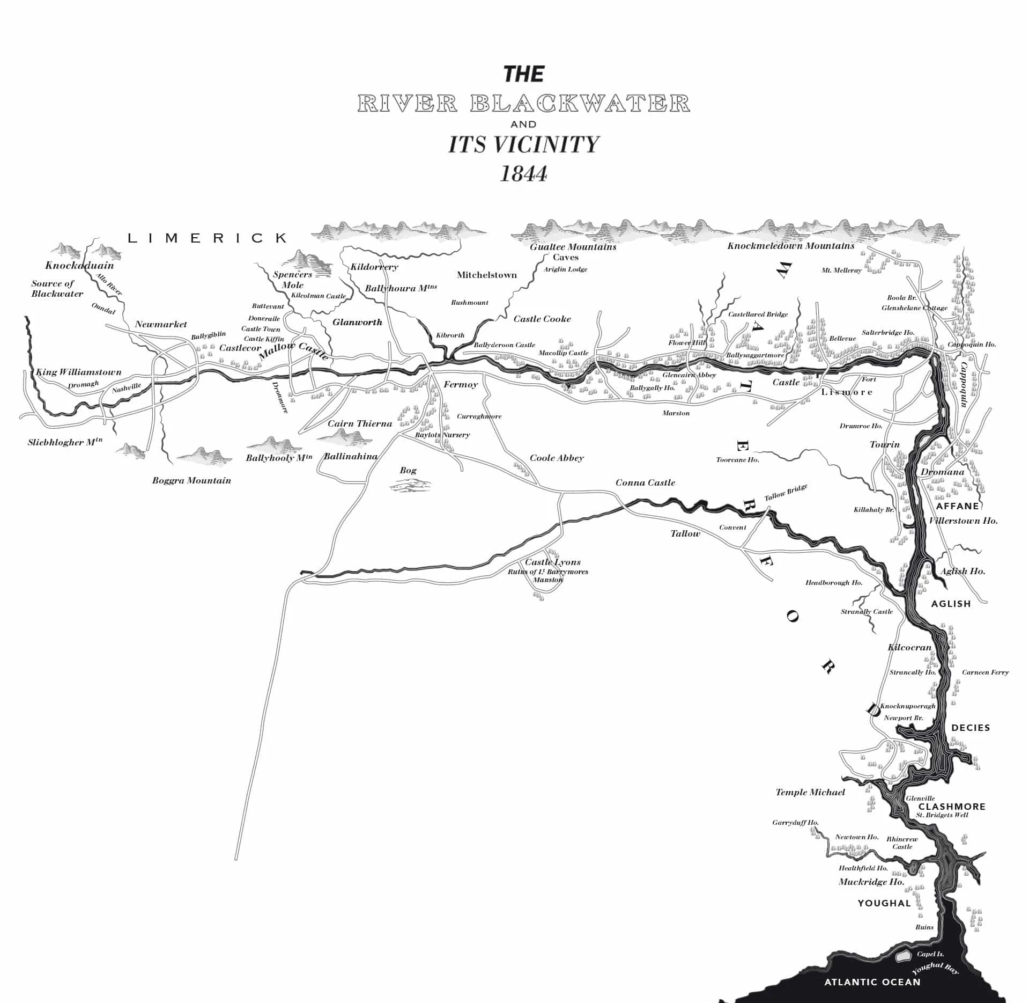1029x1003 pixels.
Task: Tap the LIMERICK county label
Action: tap(207, 238)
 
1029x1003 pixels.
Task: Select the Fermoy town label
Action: tap(460, 384)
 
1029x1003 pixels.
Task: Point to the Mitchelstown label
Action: tap(486, 275)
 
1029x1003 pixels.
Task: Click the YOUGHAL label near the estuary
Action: tap(884, 903)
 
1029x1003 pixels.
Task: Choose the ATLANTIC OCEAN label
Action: tap(872, 982)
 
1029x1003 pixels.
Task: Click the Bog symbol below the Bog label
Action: tap(410, 486)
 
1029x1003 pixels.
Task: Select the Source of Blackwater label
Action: tap(57, 288)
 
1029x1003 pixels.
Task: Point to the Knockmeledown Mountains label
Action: tap(790, 246)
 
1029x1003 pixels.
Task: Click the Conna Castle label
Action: tap(645, 482)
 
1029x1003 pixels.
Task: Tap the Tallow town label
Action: tap(685, 533)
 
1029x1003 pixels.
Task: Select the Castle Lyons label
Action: tap(552, 562)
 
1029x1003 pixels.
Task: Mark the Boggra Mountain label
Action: tap(191, 480)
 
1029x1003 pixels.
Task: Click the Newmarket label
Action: tap(161, 324)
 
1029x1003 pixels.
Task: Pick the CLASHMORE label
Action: tap(952, 807)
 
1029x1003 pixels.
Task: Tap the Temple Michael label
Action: tap(810, 792)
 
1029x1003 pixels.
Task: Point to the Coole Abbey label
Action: tap(556, 458)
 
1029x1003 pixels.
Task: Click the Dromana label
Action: tap(942, 472)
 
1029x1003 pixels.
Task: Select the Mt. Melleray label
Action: tap(841, 270)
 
